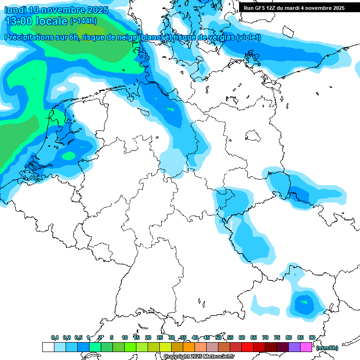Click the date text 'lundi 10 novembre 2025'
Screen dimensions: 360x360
[56, 10]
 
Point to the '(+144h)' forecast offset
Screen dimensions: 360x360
[83, 21]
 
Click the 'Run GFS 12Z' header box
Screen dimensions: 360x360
[294, 7]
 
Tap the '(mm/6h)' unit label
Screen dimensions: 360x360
[327, 348]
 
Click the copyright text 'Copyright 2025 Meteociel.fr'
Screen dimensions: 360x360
[199, 357]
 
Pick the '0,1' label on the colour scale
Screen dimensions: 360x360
[54, 337]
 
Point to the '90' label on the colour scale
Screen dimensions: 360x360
[312, 337]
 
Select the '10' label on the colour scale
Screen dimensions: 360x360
[125, 337]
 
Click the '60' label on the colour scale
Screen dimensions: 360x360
[242, 337]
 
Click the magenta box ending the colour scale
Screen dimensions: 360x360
[306, 347]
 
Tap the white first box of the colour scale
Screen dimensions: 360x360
[48, 347]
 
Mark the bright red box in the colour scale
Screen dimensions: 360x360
[247, 347]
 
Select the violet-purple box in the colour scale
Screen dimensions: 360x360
[294, 347]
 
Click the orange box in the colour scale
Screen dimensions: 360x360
[189, 347]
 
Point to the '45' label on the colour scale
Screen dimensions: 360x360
[207, 337]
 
